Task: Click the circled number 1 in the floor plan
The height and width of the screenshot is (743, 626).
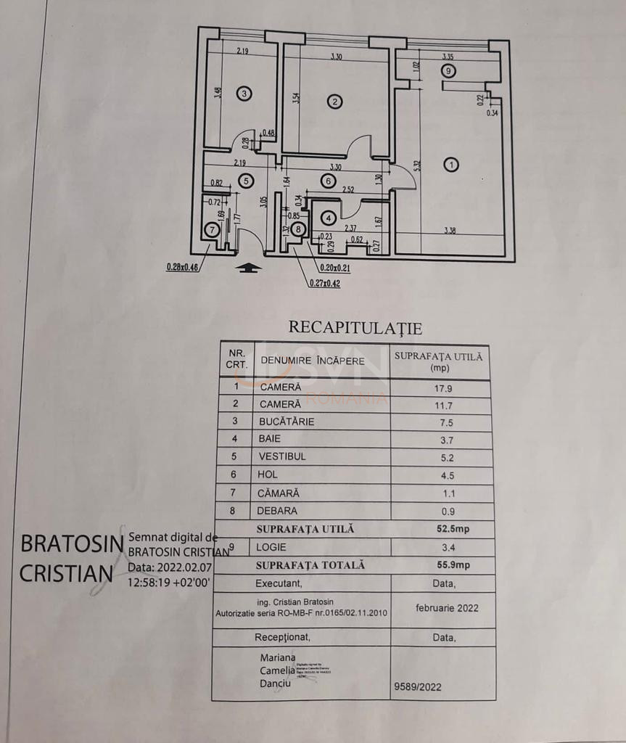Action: [x=451, y=165]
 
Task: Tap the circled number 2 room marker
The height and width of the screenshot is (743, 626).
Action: [x=334, y=102]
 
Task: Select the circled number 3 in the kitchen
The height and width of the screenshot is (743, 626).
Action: [x=244, y=94]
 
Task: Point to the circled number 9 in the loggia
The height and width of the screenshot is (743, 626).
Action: [x=449, y=70]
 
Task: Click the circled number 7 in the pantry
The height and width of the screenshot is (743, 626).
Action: [x=212, y=230]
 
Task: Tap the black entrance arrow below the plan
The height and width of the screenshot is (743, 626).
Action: [x=249, y=267]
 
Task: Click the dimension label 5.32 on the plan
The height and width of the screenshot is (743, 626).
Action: [x=416, y=165]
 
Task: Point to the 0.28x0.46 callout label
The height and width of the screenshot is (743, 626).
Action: [x=182, y=266]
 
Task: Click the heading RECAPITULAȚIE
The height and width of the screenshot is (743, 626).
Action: [x=355, y=327]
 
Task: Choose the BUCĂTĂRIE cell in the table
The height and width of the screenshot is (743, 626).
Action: [x=287, y=422]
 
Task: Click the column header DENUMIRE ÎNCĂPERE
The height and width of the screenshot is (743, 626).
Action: [x=313, y=360]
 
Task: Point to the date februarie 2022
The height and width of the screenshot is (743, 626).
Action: [x=447, y=608]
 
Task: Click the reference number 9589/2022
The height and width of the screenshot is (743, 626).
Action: [x=417, y=686]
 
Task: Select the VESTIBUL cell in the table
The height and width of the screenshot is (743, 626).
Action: [x=282, y=456]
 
